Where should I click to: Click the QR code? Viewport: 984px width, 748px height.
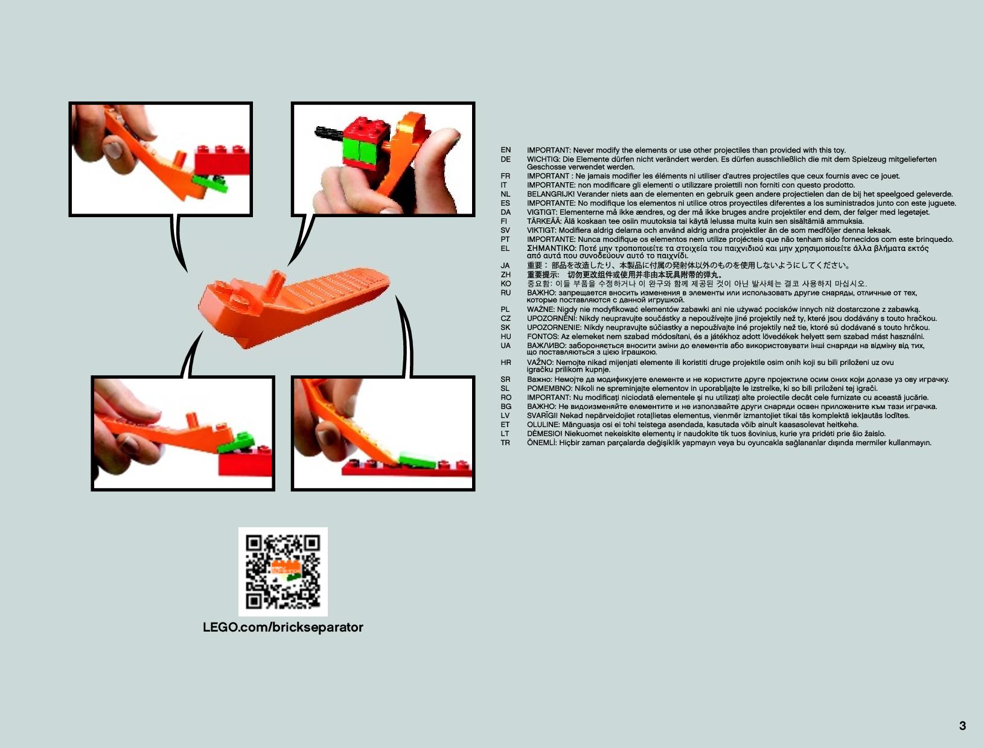pos(283,571)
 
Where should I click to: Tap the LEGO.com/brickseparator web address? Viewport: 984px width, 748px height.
pos(283,627)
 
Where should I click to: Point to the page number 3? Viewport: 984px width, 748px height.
pos(962,726)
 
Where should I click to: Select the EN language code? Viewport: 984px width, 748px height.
pos(505,150)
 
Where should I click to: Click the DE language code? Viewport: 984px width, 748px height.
pos(505,159)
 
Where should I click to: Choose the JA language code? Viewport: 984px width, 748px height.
pos(505,265)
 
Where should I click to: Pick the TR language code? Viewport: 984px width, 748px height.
pos(505,443)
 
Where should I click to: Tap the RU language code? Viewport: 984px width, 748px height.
pos(505,293)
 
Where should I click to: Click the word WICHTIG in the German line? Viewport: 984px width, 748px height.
pos(543,159)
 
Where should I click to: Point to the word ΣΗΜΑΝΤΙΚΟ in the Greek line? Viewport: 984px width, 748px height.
pos(551,248)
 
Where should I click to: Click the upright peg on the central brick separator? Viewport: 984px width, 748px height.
pos(273,284)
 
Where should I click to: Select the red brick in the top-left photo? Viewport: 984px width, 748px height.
pos(222,160)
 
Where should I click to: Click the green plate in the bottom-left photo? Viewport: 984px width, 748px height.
pos(236,442)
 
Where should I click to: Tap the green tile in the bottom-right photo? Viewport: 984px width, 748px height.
pos(417,460)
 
